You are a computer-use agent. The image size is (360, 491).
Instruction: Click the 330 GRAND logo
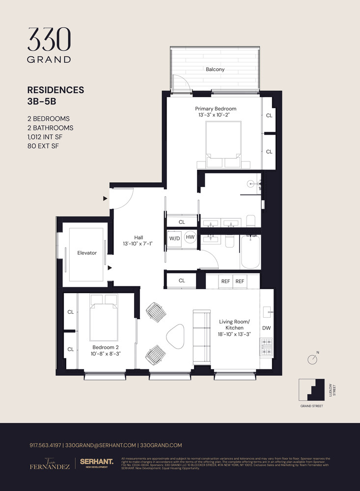pyautogui.click(x=49, y=45)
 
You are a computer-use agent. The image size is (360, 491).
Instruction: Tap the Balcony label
pyautogui.click(x=215, y=69)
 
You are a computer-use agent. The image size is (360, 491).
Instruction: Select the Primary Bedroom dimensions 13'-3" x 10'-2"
pyautogui.click(x=216, y=115)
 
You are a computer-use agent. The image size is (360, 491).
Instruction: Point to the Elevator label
pyautogui.click(x=87, y=253)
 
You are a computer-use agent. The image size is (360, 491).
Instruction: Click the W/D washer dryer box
pyautogui.click(x=174, y=238)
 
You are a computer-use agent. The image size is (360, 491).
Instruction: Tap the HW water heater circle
pyautogui.click(x=190, y=238)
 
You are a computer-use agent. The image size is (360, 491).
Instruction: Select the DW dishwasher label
pyautogui.click(x=266, y=327)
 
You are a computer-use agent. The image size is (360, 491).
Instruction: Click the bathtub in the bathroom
pyautogui.click(x=250, y=252)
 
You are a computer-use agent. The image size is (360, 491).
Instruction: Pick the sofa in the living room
pyautogui.click(x=201, y=335)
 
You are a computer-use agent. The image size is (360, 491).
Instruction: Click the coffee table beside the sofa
pyautogui.click(x=175, y=337)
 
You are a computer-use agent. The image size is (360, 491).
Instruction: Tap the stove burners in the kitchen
pyautogui.click(x=266, y=346)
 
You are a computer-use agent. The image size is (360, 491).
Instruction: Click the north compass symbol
pyautogui.click(x=312, y=359)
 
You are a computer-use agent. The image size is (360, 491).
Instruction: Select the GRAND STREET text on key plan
pyautogui.click(x=311, y=406)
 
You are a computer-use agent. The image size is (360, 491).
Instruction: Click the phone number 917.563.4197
pyautogui.click(x=45, y=445)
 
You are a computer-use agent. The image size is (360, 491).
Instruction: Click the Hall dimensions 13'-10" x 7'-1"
pyautogui.click(x=138, y=243)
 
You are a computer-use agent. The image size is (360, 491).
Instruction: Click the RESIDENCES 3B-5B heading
pyautogui.click(x=55, y=95)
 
